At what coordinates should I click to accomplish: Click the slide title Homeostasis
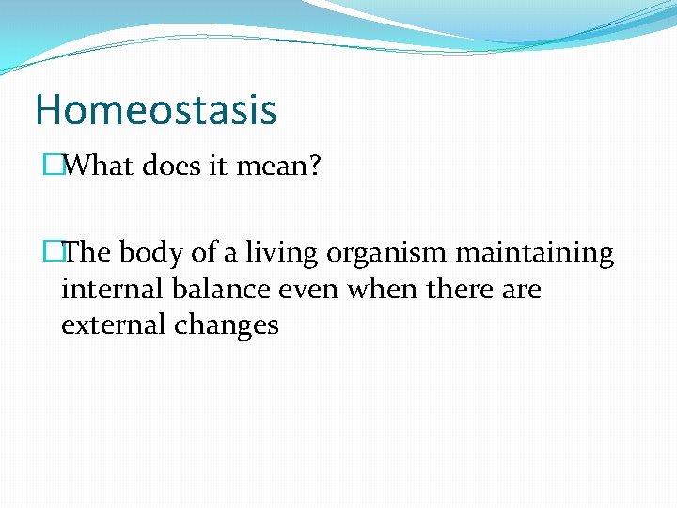click(x=156, y=109)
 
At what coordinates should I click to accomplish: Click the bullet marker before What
click(x=52, y=167)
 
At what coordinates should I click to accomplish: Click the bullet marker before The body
click(x=52, y=253)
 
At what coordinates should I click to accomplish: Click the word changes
click(x=227, y=326)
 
